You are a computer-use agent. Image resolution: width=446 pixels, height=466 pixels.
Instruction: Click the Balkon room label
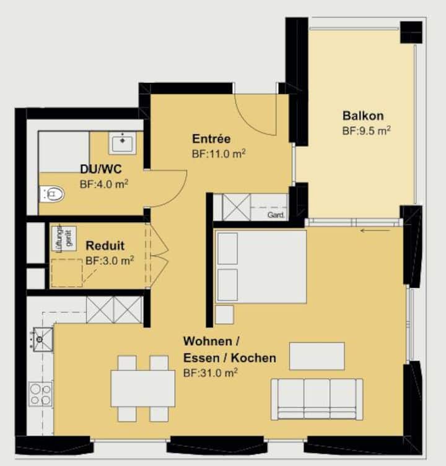tap(363, 116)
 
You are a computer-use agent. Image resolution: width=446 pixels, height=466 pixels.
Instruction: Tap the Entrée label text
tap(211, 139)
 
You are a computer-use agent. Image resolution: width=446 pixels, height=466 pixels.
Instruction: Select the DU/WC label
tap(101, 169)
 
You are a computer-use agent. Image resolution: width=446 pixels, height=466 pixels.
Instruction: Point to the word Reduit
tap(105, 246)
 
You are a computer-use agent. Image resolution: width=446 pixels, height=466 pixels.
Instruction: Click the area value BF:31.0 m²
tap(211, 373)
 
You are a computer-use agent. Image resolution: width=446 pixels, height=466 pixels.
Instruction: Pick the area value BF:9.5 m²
tap(366, 131)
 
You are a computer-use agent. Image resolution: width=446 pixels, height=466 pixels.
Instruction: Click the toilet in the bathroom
tap(52, 194)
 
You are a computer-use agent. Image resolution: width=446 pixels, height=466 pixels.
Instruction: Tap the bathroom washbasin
tap(122, 143)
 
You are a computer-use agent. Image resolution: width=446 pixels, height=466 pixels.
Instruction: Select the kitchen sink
tap(43, 339)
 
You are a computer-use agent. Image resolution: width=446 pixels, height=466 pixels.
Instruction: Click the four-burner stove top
tap(40, 394)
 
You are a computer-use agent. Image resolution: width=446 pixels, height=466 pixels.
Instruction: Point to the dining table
tap(143, 388)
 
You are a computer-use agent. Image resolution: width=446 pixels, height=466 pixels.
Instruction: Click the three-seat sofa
tap(317, 399)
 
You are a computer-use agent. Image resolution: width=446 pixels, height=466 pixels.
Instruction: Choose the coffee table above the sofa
tap(317, 356)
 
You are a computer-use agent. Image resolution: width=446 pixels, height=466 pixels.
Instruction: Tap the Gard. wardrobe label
tap(276, 215)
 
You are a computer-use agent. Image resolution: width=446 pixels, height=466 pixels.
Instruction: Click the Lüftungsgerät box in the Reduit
tap(64, 239)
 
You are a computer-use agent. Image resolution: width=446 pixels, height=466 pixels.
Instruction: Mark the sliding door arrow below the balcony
tap(375, 230)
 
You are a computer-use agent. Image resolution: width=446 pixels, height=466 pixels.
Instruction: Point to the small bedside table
tap(224, 314)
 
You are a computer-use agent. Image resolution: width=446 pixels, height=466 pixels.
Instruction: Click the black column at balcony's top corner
tap(411, 32)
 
